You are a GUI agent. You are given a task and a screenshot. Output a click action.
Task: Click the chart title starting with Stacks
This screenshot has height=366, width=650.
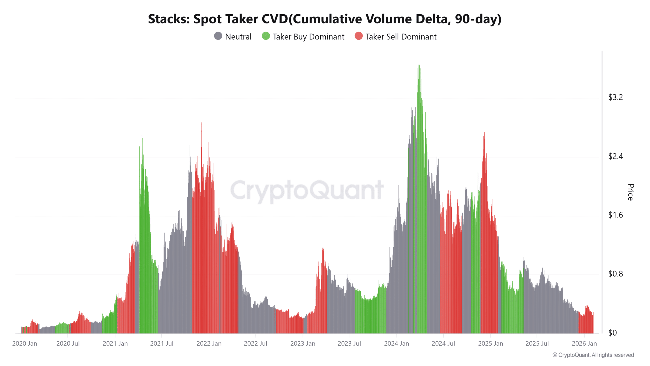[x=324, y=19]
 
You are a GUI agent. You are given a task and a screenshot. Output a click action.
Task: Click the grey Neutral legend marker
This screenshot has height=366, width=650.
[x=218, y=36]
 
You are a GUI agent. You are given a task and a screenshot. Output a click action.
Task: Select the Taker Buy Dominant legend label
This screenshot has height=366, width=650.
[x=308, y=37]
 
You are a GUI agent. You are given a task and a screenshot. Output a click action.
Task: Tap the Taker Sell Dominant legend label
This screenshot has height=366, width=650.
[x=401, y=37]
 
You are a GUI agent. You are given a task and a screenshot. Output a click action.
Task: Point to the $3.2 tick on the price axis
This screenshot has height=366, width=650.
[x=615, y=97]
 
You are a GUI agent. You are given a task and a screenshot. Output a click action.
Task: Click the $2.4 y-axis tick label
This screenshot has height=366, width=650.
[x=615, y=156]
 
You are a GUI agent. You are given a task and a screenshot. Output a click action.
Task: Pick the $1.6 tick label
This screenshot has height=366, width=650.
[x=615, y=215]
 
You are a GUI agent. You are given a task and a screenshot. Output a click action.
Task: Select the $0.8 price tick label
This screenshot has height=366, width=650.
[x=615, y=274]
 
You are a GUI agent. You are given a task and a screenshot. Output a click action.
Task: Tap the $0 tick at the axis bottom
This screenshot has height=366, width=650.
[x=612, y=333]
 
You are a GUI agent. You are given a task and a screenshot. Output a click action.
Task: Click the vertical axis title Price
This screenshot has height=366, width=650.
[x=630, y=192]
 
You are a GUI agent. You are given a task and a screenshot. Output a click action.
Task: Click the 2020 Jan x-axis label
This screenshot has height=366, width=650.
[x=25, y=344]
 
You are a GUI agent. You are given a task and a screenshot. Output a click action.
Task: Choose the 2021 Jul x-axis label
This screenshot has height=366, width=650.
[x=161, y=344]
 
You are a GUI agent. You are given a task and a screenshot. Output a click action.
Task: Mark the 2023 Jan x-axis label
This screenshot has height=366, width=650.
[x=303, y=344]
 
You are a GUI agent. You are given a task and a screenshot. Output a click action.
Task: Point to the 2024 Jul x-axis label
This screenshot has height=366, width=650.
[x=443, y=344]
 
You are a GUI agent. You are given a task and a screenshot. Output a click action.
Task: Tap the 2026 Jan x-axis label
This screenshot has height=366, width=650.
[x=584, y=344]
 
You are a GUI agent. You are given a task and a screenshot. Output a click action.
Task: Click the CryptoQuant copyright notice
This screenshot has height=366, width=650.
[x=593, y=355]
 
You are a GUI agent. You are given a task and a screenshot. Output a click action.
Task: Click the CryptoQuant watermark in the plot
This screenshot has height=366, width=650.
[x=307, y=190]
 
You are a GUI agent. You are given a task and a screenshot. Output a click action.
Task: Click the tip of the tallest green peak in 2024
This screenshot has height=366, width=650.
[x=419, y=65]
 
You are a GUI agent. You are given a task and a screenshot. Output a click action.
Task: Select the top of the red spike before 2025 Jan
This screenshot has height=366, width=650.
[x=484, y=132]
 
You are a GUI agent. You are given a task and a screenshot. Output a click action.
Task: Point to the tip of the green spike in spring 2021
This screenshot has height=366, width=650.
[x=142, y=136]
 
